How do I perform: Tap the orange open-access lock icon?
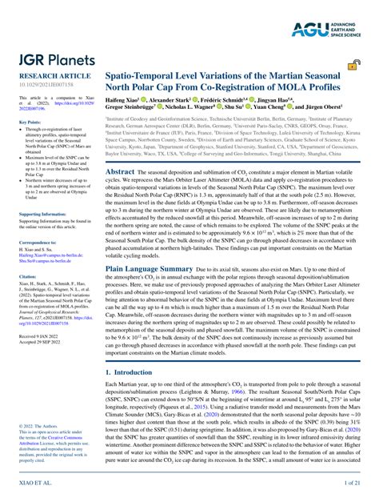(353, 70)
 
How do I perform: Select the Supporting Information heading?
(42, 237)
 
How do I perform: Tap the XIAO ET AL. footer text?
(34, 484)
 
